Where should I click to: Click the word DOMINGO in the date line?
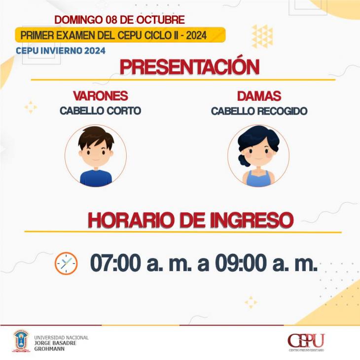78,20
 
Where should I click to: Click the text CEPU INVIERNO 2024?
61,50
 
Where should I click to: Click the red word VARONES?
100,96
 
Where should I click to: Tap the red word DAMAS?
259,96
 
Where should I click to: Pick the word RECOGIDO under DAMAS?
282,111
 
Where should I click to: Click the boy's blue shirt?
96,178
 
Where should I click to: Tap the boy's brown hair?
96,137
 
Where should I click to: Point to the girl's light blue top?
258,179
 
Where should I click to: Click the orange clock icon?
66,263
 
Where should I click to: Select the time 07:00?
115,263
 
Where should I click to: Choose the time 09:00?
241,263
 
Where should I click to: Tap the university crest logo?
21,341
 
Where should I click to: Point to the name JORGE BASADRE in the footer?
55,343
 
